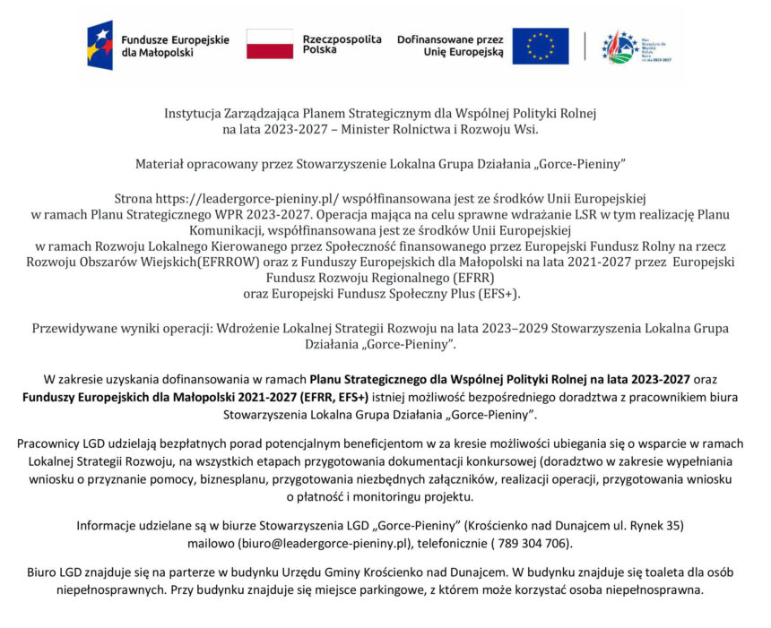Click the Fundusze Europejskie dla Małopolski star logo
pos(100,46)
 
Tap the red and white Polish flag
pos(270,45)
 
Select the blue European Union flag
pos(540,46)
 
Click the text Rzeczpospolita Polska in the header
pos(342,45)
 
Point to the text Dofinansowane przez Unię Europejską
pos(450,46)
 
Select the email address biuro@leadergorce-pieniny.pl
pos(325,543)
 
